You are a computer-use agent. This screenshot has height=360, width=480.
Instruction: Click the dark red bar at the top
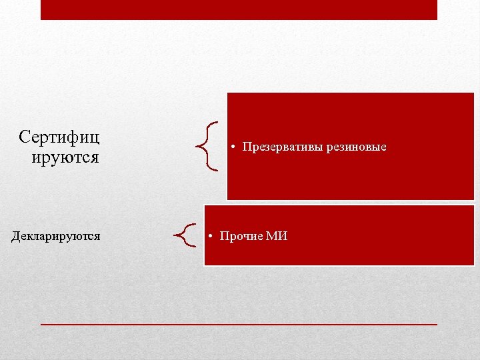[x=239, y=9]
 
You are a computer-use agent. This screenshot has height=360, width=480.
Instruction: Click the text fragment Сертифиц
[x=59, y=137]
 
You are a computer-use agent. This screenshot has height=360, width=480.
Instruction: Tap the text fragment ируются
[x=65, y=157]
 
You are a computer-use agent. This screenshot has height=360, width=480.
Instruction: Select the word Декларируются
[x=56, y=235]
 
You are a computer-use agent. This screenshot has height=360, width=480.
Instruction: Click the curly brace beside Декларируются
[x=185, y=235]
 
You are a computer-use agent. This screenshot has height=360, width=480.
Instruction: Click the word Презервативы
[x=283, y=147]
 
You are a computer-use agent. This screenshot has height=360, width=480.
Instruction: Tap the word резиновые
[x=357, y=147]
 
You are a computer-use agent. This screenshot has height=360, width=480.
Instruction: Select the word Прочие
[x=241, y=236]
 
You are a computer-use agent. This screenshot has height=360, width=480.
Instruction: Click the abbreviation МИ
[x=277, y=236]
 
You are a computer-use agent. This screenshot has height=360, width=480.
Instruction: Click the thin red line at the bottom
[x=239, y=323]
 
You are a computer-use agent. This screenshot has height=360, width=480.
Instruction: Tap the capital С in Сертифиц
[x=25, y=137]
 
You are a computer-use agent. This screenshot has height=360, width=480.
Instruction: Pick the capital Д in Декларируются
[x=16, y=236]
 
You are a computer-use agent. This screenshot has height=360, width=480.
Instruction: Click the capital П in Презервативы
[x=247, y=147]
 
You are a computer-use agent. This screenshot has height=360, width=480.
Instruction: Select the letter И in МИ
[x=282, y=236]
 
